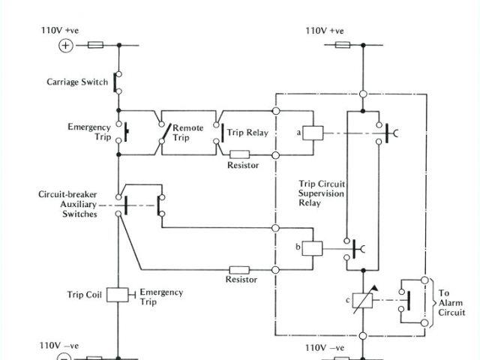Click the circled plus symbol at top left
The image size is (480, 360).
pos(65,46)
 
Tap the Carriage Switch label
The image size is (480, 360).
pos(78,82)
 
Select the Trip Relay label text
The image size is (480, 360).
pos(247,133)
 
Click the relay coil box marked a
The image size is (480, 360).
pos(313,133)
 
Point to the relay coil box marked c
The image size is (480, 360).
pos(361,300)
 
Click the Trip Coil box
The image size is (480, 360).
pos(118,295)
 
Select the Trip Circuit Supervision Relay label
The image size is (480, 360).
pos(320,194)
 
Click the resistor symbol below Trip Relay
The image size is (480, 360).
pos(239,154)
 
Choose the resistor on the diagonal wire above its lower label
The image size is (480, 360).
pos(239,268)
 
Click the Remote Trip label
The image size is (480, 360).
pos(187,133)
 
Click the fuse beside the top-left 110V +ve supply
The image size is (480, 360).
pos(96,46)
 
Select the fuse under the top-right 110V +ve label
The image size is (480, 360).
pos(341,46)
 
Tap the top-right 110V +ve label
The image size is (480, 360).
pos(324,31)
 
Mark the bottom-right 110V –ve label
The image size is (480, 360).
pos(325,348)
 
